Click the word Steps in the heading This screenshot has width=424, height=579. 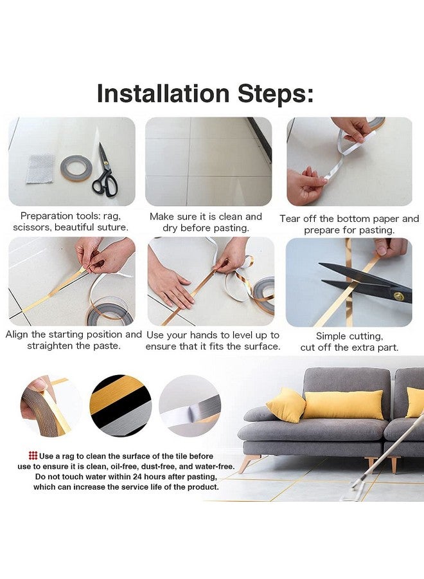click(269, 93)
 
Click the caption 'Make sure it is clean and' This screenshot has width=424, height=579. click(206, 217)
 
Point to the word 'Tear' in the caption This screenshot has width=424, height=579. click(290, 219)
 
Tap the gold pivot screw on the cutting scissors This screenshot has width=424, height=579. click(398, 295)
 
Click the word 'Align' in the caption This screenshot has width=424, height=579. click(18, 335)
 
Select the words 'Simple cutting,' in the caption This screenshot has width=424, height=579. click(349, 336)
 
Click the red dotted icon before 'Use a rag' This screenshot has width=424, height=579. click(33, 455)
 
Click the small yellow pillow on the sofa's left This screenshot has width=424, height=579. click(285, 405)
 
